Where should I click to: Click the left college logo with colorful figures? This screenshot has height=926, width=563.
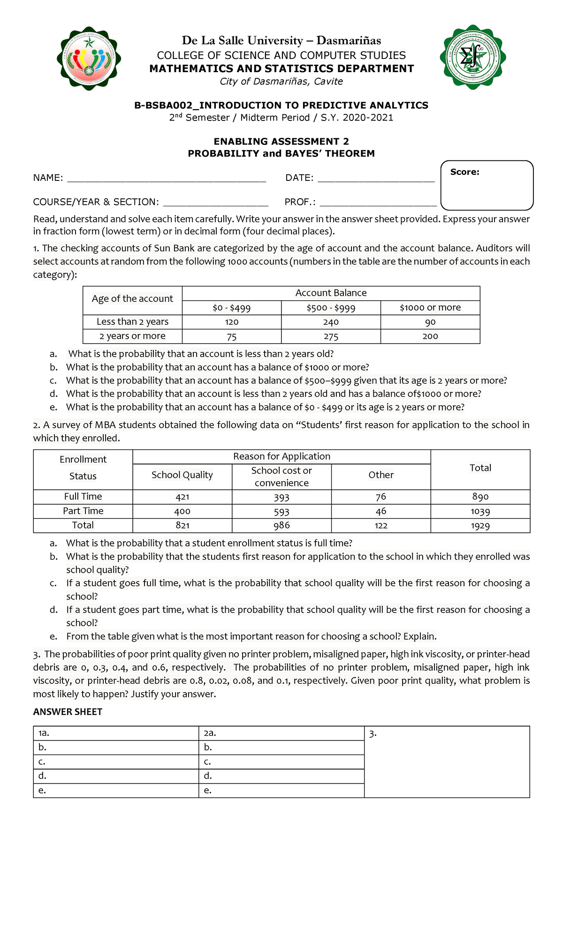tap(89, 59)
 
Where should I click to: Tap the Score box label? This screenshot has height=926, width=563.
tap(464, 172)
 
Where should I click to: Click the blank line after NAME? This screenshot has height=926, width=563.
tap(167, 179)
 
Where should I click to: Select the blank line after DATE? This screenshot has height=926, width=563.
tap(376, 179)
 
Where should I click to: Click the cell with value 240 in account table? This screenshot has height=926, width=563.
tap(331, 322)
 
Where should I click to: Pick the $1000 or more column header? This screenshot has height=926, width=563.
tap(430, 307)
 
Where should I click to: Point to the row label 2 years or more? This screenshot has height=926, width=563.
tap(132, 336)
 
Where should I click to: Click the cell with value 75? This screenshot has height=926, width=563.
tap(231, 336)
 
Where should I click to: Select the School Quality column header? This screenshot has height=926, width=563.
tap(182, 475)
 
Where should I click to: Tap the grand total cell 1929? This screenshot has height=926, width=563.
tap(480, 525)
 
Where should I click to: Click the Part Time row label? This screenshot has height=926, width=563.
tap(83, 511)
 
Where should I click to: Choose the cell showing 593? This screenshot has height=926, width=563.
tap(281, 511)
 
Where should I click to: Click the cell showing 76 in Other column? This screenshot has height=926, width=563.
tap(380, 496)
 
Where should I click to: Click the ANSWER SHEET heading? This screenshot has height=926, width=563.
tap(68, 712)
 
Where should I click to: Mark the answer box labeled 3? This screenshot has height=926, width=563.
tap(447, 762)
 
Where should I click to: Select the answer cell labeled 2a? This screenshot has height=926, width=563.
tap(281, 733)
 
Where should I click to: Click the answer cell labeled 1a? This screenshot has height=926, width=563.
tap(116, 733)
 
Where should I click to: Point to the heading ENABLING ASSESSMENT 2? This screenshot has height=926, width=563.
tap(281, 142)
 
